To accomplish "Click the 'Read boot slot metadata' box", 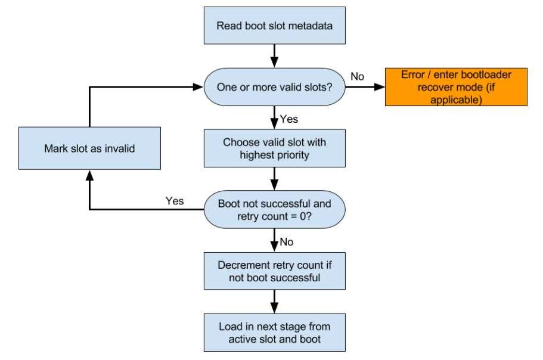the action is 275,26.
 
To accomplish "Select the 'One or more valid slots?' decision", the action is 275,87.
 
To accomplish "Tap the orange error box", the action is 456,87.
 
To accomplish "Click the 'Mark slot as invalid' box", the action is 89,148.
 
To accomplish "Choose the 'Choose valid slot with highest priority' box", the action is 275,148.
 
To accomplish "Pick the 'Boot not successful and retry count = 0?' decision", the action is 275,209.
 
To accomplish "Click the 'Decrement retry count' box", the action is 275,271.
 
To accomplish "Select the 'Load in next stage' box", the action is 275,333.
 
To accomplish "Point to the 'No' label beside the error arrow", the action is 358,76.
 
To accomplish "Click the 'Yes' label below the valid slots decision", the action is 289,119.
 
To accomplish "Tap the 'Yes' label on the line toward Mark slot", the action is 175,201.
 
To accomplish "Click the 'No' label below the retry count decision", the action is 287,241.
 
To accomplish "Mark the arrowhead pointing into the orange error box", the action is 380,87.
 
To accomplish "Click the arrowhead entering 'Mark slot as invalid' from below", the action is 89,175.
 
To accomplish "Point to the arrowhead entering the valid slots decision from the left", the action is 198,87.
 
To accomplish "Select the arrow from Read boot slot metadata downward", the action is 274,56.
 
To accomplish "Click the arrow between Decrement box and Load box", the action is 274,302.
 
